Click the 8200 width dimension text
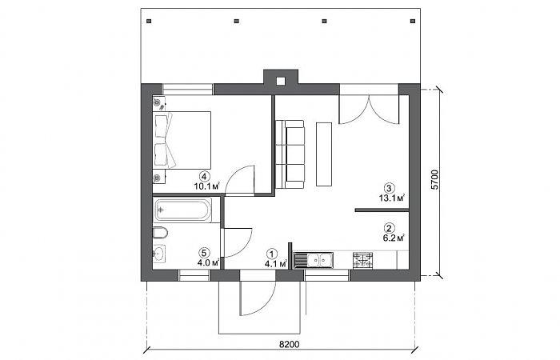click(x=290, y=344)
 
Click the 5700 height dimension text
click(x=434, y=180)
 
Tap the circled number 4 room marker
click(x=204, y=177)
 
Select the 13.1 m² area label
click(x=392, y=198)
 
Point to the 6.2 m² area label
click(x=394, y=238)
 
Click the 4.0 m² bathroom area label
click(x=208, y=263)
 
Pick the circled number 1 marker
click(x=272, y=254)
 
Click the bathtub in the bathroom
click(x=183, y=210)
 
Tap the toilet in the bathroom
click(x=160, y=234)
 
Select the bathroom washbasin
click(x=159, y=254)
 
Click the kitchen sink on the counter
click(x=314, y=260)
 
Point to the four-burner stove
click(x=363, y=260)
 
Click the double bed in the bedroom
click(x=182, y=140)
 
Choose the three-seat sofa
click(x=290, y=154)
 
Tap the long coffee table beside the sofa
click(x=324, y=154)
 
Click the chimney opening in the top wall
click(x=281, y=82)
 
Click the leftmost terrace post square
click(x=149, y=21)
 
